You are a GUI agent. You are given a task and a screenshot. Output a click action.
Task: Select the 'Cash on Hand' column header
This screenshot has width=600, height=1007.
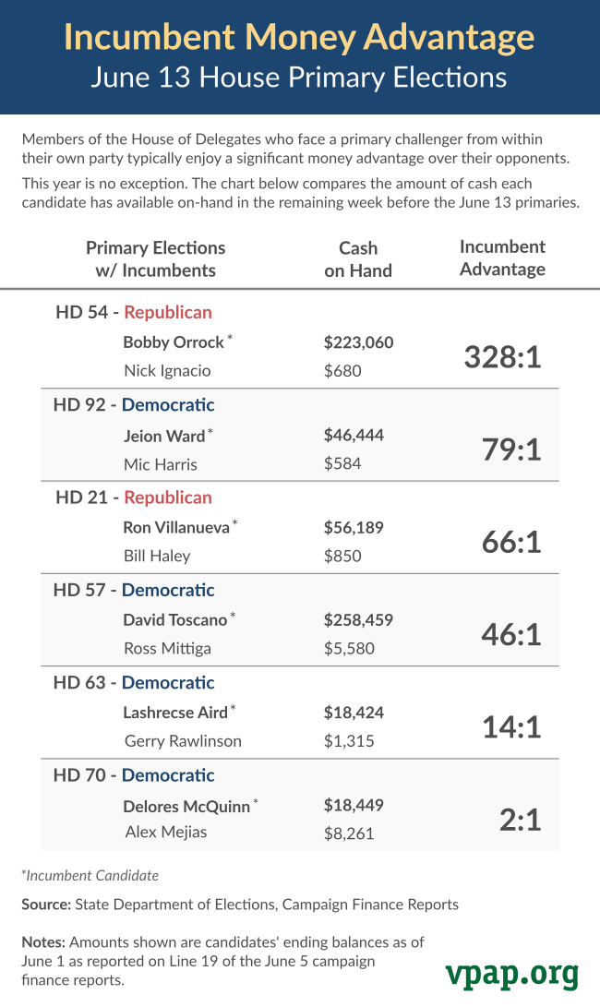pos(358,259)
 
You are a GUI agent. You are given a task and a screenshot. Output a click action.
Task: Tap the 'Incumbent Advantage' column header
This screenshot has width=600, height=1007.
pos(502,258)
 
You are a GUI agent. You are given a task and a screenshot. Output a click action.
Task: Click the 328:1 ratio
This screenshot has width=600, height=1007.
pos(501,357)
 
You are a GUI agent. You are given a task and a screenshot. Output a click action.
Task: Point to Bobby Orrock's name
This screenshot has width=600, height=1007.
pos(174,342)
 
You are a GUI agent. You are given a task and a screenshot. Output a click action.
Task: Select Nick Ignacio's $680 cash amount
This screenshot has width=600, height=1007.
pos(342,371)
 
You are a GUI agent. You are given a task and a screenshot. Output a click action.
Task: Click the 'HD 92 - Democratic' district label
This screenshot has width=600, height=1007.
pos(134,405)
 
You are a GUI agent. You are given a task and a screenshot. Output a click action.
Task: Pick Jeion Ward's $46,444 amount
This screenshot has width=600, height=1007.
pos(354,435)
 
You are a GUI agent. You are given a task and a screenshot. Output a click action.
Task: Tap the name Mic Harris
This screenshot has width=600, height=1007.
pos(161,464)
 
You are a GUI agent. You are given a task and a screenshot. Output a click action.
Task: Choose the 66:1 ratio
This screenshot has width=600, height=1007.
pos(510,542)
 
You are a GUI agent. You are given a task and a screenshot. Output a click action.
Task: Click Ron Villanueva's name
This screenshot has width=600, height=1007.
pos(176,528)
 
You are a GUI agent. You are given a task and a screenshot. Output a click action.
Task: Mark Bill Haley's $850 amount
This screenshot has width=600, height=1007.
pos(342,556)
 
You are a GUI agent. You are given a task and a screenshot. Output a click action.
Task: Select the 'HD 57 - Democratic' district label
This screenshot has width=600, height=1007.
pos(134,590)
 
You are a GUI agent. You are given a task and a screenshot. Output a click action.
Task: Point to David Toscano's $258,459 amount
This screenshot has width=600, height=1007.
pos(358,620)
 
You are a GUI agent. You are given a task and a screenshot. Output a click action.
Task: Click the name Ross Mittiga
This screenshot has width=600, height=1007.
pos(167,648)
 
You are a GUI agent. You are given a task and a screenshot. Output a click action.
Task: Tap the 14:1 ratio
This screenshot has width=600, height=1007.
pos(510,726)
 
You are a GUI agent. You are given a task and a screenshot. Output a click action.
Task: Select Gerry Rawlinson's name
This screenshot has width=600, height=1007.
pos(183,741)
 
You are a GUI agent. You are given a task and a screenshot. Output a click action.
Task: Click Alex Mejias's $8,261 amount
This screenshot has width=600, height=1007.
pos(349,833)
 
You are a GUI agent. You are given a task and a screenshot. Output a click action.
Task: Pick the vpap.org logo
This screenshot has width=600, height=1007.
pos(511,973)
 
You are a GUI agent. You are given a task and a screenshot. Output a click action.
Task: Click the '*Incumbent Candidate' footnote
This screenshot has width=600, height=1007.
pos(90,875)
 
